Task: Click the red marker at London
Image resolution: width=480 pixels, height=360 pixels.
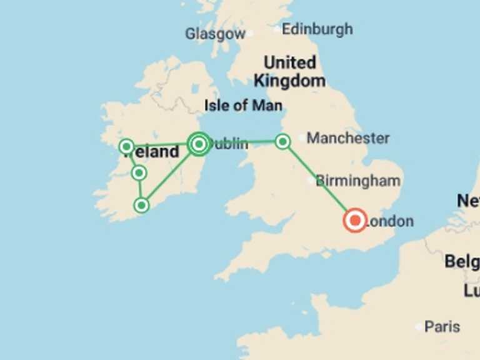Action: [x=355, y=220]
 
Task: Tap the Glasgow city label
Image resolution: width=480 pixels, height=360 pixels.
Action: [x=215, y=34]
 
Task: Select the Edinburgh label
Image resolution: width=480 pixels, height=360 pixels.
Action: [x=317, y=29]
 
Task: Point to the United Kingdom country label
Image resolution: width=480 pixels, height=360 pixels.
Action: [x=289, y=71]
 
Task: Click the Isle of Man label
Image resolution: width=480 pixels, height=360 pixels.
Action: [x=243, y=105]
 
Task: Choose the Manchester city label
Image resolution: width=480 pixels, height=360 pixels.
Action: [x=348, y=137]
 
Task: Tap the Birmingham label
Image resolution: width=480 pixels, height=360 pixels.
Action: [x=358, y=181]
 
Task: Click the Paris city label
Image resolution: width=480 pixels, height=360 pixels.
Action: [x=442, y=326]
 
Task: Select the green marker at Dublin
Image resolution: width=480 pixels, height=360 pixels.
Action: [x=199, y=144]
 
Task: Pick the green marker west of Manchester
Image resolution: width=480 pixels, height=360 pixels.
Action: [x=282, y=142]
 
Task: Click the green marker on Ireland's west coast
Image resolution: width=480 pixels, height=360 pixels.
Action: [x=126, y=147]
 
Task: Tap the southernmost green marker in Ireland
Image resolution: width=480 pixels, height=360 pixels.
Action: [x=142, y=204]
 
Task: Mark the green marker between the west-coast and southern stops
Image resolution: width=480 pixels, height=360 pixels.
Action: [x=139, y=172]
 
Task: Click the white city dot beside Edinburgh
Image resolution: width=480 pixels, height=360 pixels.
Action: [x=277, y=29]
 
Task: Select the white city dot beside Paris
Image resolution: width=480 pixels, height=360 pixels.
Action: [x=418, y=326]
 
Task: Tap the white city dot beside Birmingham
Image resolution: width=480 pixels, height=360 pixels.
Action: [x=311, y=181]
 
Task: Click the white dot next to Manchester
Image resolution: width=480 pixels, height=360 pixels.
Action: [x=302, y=137]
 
